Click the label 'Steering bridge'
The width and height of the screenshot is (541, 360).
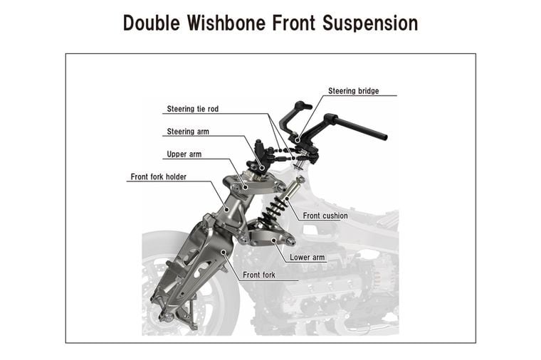[353, 91]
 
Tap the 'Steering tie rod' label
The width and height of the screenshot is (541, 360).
[192, 109]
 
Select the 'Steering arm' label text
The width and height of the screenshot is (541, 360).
[188, 132]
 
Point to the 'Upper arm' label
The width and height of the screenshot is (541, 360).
[184, 154]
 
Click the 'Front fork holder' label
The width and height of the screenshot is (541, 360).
[158, 177]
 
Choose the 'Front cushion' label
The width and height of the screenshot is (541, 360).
[325, 216]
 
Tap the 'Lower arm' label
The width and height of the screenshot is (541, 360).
[307, 258]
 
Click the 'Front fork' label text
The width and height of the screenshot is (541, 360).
[259, 275]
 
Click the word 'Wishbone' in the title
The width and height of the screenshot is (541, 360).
[226, 23]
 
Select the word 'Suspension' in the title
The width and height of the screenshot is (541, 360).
[370, 23]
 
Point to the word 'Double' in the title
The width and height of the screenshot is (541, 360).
[152, 23]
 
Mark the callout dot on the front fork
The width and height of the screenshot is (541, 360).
[224, 252]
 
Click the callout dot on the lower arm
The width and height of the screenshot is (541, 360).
[273, 240]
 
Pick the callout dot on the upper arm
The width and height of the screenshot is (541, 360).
[246, 187]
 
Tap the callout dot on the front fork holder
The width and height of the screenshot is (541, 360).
[226, 208]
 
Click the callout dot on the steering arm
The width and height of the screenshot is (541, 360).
[262, 169]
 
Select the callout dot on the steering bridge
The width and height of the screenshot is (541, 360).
[298, 139]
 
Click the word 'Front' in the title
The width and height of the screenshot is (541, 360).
[293, 23]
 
